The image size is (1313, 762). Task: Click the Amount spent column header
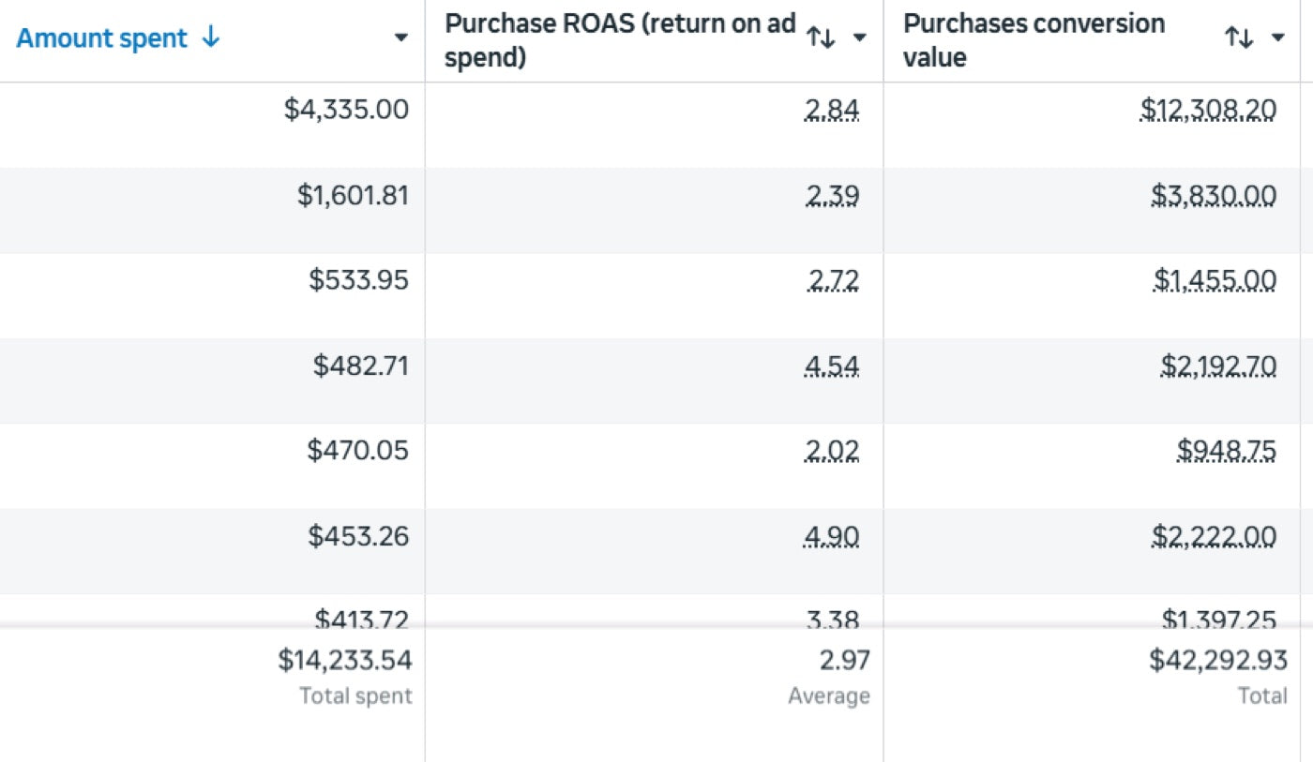[x=101, y=38]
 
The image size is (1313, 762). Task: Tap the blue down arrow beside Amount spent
[x=210, y=37]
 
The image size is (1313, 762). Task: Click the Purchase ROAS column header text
[x=620, y=40]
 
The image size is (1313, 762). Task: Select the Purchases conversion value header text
[x=1034, y=40]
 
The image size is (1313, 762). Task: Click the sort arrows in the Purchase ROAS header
[x=821, y=38]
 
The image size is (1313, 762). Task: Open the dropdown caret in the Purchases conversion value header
[x=1277, y=37]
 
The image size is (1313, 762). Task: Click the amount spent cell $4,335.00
[x=346, y=110]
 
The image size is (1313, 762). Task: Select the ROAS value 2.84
[x=832, y=110]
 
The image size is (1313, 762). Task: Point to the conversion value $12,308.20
[x=1208, y=110]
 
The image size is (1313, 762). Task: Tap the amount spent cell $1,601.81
[x=353, y=195]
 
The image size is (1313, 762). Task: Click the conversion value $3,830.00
[x=1214, y=196]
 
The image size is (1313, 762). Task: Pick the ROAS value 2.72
[x=833, y=280]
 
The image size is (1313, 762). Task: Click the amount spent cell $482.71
[x=360, y=366]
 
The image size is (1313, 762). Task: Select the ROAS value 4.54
[x=832, y=366]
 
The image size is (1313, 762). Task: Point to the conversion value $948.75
[x=1227, y=451]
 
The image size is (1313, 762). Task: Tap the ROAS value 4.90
[x=832, y=536]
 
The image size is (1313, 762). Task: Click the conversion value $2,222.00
[x=1214, y=536]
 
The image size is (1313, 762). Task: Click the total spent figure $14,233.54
[x=345, y=660]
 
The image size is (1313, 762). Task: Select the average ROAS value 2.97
[x=845, y=660]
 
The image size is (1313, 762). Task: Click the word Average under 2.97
[x=829, y=695]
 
